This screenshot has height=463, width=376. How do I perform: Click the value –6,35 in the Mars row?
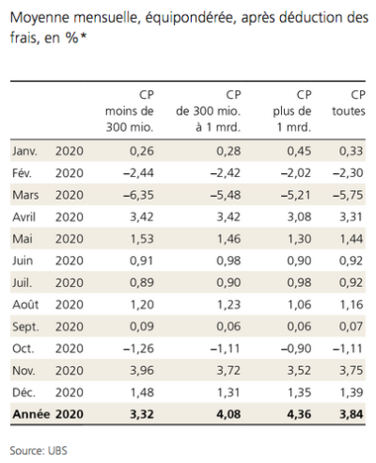pyautogui.click(x=138, y=195)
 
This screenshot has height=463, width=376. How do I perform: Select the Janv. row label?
pyautogui.click(x=24, y=152)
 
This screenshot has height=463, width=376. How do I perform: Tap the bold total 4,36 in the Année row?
pyautogui.click(x=299, y=414)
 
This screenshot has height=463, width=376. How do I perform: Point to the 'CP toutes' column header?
pyautogui.click(x=349, y=103)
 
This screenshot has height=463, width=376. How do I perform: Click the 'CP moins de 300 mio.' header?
pyautogui.click(x=130, y=111)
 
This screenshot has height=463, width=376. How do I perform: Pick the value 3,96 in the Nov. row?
pyautogui.click(x=142, y=371)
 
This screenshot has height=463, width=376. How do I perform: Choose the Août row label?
pyautogui.click(x=25, y=304)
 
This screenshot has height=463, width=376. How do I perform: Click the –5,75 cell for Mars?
pyautogui.click(x=348, y=195)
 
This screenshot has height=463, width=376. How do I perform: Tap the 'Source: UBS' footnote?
pyautogui.click(x=39, y=451)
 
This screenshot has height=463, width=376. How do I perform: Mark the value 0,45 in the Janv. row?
pyautogui.click(x=299, y=152)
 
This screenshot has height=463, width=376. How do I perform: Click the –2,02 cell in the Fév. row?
pyautogui.click(x=296, y=173)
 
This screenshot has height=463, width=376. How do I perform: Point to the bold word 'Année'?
pyautogui.click(x=31, y=414)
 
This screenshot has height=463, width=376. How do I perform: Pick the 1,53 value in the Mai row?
pyautogui.click(x=142, y=239)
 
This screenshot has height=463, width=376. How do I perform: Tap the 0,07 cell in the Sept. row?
pyautogui.click(x=351, y=327)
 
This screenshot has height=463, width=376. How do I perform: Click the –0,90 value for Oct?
pyautogui.click(x=296, y=348)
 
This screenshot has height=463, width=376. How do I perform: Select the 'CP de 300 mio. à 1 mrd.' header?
pyautogui.click(x=209, y=111)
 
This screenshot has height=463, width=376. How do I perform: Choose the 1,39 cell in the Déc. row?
pyautogui.click(x=352, y=392)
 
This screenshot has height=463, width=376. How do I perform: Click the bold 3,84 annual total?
pyautogui.click(x=352, y=414)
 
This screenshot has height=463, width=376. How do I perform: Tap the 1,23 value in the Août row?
pyautogui.click(x=228, y=305)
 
